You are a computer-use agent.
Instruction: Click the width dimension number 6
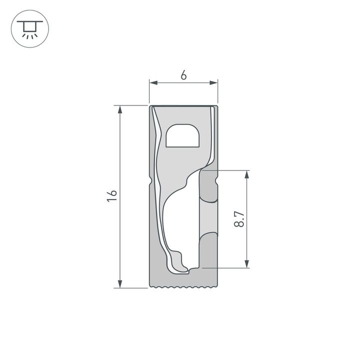(x=183, y=75)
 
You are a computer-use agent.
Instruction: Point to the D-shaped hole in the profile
(x=182, y=136)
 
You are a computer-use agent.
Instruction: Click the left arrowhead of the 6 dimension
(x=152, y=83)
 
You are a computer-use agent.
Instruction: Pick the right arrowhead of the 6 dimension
(x=215, y=83)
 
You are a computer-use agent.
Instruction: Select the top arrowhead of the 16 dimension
(x=120, y=109)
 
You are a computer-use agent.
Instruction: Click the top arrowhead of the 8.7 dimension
(x=246, y=174)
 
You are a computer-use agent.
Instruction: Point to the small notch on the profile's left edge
(x=150, y=178)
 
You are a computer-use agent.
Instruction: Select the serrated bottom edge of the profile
(x=184, y=287)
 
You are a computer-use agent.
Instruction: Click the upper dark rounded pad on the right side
(x=209, y=186)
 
